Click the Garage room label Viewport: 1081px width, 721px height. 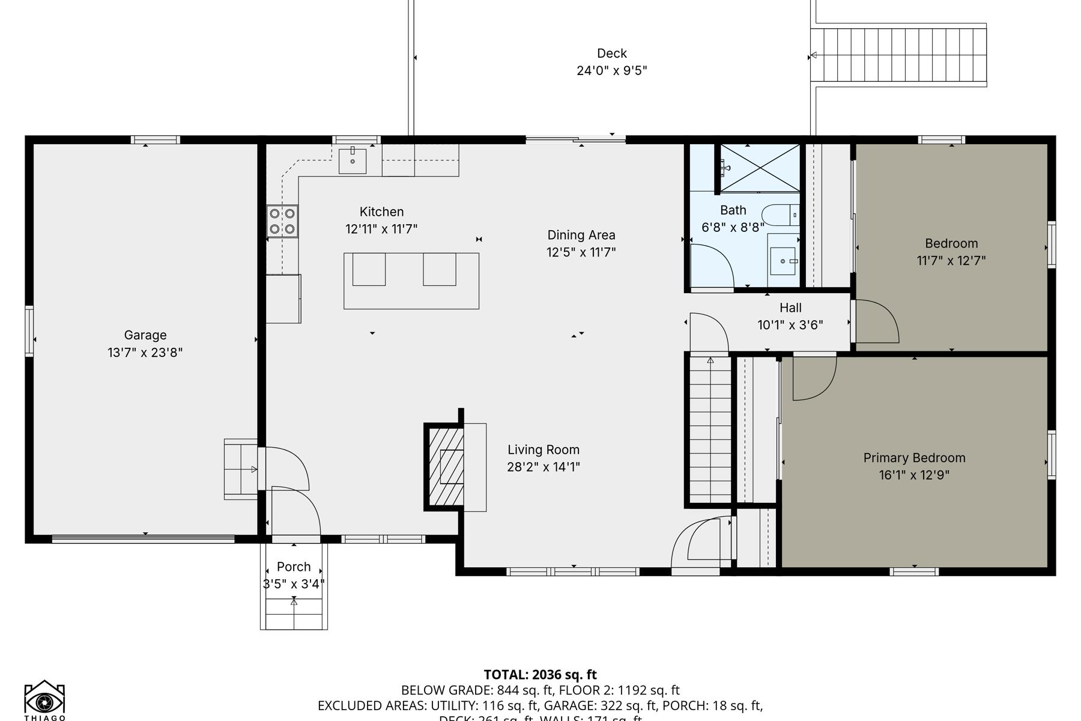coord(145,335)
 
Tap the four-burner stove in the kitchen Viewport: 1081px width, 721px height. coord(282,221)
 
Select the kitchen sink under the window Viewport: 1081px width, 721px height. coord(353,160)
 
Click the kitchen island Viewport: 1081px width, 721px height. coord(411,281)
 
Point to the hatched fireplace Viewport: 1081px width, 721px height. coord(445,466)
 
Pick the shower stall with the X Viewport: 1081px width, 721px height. coord(760,168)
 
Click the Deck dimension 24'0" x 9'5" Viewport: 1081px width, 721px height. coord(611,70)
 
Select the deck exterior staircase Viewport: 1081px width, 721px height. coord(898,55)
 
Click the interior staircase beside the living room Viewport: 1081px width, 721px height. coord(710,430)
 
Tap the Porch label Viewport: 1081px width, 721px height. coord(294,567)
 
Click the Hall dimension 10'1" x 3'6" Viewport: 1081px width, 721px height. coord(790,325)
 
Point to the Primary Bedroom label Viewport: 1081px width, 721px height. coord(914,458)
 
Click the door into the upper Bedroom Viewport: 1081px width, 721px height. coord(876,322)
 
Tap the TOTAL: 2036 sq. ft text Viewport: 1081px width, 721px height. coord(540,674)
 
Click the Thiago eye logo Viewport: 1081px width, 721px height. coord(44,699)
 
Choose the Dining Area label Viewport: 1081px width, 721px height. coord(581,235)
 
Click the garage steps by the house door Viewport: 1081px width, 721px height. coord(240,469)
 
